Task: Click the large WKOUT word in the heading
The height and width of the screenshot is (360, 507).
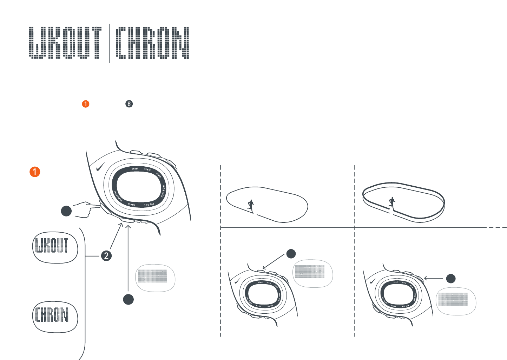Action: [x=65, y=42]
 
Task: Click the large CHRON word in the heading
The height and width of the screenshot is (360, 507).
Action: [x=152, y=42]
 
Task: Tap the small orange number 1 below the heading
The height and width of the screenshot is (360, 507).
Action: [x=85, y=104]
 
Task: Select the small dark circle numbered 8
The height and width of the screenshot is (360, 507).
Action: [x=129, y=104]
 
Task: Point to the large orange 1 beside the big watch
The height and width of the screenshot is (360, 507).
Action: [x=35, y=172]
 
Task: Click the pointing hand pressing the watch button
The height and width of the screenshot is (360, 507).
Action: [x=86, y=209]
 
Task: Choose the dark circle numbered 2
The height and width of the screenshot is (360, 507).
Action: [x=106, y=255]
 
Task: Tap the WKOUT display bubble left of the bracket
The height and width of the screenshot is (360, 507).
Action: [x=55, y=247]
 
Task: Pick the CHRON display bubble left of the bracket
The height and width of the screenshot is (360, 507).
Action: [x=55, y=316]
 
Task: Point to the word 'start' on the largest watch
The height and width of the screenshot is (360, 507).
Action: [x=135, y=169]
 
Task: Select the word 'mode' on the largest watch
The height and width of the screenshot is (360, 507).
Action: [x=132, y=205]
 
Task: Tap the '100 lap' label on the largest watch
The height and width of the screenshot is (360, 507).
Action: [x=149, y=204]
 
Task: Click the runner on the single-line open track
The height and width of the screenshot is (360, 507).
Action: [x=251, y=206]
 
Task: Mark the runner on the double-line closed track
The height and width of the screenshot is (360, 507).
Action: [x=392, y=202]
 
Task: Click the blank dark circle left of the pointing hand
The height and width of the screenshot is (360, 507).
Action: [x=66, y=211]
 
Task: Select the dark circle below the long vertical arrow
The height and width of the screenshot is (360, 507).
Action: [x=129, y=299]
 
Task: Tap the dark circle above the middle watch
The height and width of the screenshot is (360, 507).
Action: [x=291, y=253]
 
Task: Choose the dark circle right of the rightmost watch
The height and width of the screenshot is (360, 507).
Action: [x=450, y=279]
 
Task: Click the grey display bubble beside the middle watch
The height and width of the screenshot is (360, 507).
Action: [x=312, y=273]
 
